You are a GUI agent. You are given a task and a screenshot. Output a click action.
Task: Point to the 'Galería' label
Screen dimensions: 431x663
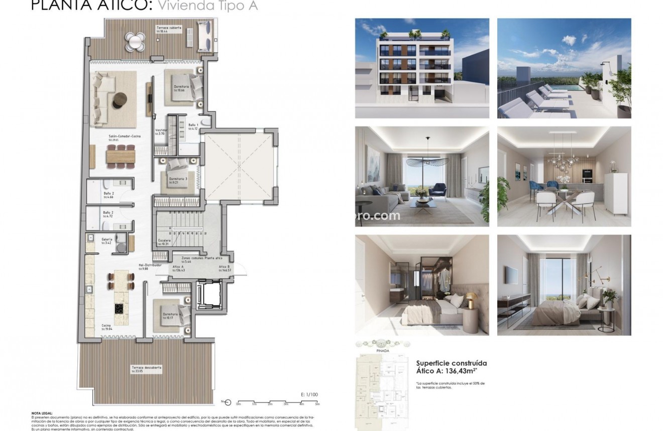tap(106, 240)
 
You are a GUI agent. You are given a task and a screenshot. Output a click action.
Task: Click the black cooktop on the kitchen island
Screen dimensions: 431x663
tap(120, 308)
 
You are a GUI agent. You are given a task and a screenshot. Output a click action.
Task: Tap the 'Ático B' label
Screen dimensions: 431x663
tap(225, 267)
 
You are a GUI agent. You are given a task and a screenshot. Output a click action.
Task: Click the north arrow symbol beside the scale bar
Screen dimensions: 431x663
tap(227, 401)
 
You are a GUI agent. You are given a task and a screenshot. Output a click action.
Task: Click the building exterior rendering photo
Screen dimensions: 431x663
tap(422, 68)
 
